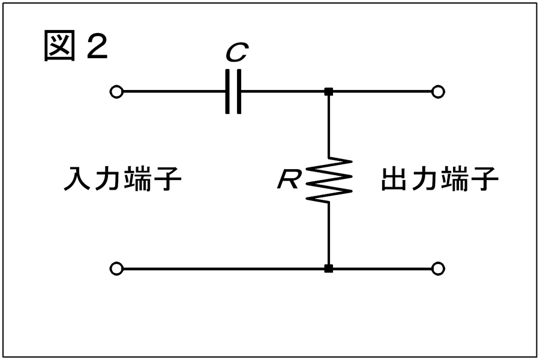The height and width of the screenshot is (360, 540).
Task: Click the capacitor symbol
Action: tap(234, 92)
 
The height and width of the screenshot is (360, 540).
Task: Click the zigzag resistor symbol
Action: tap(328, 178)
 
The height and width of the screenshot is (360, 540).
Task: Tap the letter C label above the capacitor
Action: tap(236, 54)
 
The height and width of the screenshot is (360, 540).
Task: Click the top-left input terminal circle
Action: tap(117, 92)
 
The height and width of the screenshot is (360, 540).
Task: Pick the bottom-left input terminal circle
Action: tap(117, 268)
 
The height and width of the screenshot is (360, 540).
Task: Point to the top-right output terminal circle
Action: tap(439, 92)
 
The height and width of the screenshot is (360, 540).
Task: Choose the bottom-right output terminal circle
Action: tap(439, 268)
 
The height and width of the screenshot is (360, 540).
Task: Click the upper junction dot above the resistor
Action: tap(328, 92)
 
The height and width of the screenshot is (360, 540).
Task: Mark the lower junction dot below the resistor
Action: tap(328, 268)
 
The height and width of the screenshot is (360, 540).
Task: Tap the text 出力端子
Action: tap(440, 179)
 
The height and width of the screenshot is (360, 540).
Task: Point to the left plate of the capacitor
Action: tap(228, 92)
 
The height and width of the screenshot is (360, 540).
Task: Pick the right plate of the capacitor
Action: tap(240, 92)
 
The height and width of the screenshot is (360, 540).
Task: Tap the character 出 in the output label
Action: tap(395, 179)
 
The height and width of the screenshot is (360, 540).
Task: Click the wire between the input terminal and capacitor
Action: tap(174, 92)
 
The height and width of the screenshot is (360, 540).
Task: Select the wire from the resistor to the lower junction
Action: tap(328, 234)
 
